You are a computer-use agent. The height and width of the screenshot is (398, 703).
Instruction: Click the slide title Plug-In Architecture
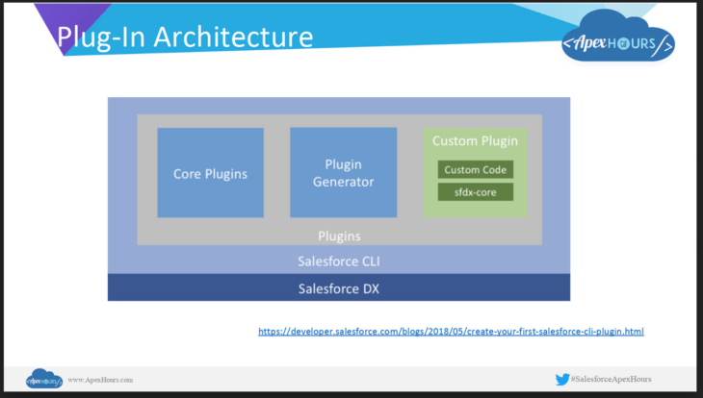[184, 37]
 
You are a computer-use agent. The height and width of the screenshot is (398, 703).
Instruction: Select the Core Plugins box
[210, 173]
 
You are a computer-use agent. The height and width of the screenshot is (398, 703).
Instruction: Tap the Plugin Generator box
[343, 173]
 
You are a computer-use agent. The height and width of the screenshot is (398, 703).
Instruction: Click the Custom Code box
[475, 169]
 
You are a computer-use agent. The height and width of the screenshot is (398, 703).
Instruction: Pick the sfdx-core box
[475, 191]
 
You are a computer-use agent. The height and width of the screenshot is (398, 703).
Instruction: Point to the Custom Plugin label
[475, 141]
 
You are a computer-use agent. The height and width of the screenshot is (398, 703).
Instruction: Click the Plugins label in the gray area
[338, 235]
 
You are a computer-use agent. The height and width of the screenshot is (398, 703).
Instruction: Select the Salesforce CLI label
[338, 261]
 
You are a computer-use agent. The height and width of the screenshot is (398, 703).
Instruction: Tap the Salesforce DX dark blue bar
[338, 287]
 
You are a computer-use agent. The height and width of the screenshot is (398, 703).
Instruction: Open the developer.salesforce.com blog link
[451, 332]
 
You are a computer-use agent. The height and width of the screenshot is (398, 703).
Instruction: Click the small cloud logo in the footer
[44, 379]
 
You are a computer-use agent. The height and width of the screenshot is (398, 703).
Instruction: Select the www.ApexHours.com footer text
[100, 380]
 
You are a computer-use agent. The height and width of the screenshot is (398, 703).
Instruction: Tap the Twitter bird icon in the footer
[562, 380]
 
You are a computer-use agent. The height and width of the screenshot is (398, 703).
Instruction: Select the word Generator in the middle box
[343, 182]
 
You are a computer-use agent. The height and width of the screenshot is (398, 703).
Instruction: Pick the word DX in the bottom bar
[367, 287]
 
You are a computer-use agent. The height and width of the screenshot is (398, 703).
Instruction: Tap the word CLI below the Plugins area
[370, 261]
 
